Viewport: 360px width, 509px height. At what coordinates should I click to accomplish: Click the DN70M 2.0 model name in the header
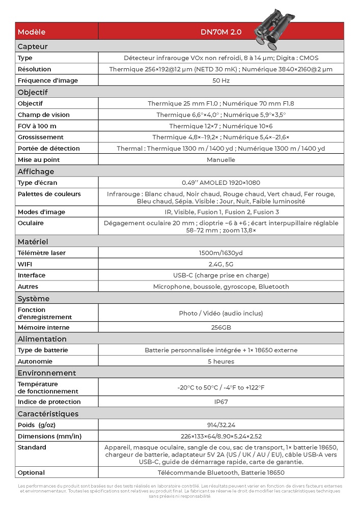[221, 32]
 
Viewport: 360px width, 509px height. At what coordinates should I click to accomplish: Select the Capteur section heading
[33, 46]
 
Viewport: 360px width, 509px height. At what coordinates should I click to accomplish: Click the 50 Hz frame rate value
[221, 80]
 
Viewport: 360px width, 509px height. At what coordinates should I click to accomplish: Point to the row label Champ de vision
[44, 115]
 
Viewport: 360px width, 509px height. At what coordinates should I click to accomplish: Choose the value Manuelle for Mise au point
[221, 159]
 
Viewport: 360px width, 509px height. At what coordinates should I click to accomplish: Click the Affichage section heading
[36, 172]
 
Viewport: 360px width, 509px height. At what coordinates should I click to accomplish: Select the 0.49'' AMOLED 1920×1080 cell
[221, 182]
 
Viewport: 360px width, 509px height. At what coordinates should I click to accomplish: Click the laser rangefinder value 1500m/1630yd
[221, 252]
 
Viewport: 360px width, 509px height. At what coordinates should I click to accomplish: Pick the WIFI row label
[26, 264]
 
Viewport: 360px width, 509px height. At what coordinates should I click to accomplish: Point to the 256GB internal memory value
[221, 327]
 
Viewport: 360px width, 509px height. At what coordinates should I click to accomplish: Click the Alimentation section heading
[42, 339]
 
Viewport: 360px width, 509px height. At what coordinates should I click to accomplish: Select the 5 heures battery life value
[221, 361]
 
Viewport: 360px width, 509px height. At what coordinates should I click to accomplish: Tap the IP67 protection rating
[221, 402]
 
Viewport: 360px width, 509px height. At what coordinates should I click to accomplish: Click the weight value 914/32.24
[221, 425]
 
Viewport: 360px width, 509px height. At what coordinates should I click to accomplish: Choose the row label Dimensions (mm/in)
[49, 436]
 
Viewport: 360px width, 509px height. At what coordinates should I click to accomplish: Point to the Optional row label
[31, 472]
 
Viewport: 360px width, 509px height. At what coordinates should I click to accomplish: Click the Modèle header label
[32, 32]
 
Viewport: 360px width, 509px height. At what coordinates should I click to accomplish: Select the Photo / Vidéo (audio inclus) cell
[221, 313]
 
